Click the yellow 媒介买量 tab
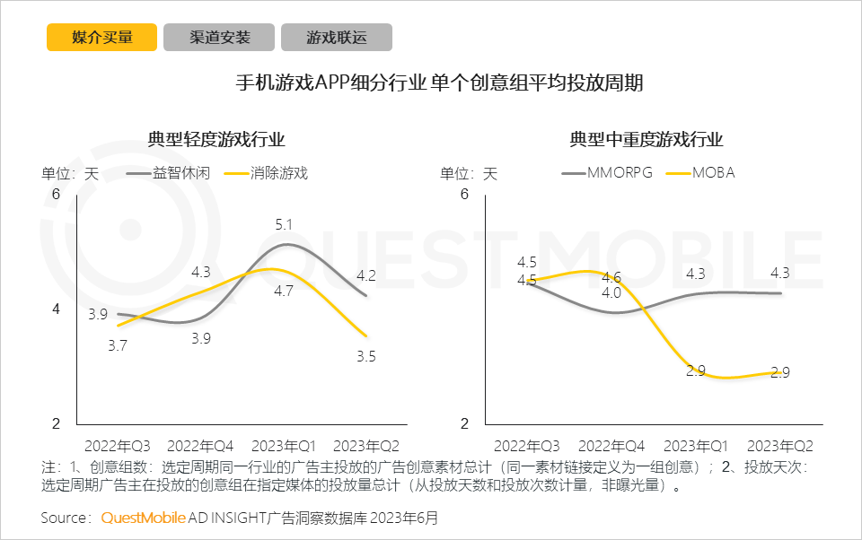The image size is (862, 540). [x=102, y=37]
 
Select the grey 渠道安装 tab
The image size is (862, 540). [x=219, y=37]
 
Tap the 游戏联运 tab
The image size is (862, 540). [x=337, y=37]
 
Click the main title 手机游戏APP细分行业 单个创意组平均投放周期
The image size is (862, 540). [x=439, y=84]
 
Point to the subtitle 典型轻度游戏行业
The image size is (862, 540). [x=216, y=140]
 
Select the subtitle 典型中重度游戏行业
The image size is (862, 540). [x=646, y=140]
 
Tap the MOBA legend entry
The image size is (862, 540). [x=713, y=173]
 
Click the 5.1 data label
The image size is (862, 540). [x=285, y=224]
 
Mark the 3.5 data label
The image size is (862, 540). [x=365, y=356]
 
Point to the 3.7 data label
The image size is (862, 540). [x=117, y=344]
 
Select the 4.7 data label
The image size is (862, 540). [x=285, y=291]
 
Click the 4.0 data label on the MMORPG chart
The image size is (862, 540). [x=611, y=292]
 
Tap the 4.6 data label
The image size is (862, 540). [x=611, y=277]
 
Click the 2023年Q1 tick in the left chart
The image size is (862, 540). [x=284, y=446]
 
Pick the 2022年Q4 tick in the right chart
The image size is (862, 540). [x=611, y=446]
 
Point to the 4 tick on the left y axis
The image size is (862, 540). [x=55, y=309]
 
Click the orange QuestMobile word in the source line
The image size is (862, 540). [x=143, y=518]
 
